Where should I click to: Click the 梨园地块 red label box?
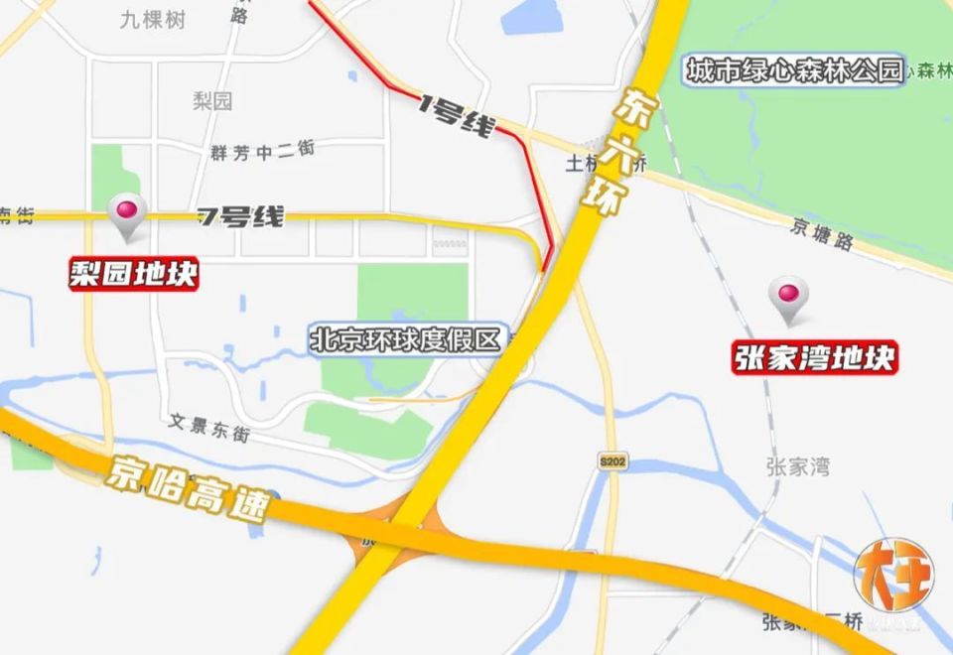134,274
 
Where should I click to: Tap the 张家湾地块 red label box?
816,357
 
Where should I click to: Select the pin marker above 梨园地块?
128,213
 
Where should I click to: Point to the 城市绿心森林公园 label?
795,71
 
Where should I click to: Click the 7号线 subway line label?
240,216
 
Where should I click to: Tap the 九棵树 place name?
152,19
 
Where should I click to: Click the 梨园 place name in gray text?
212,100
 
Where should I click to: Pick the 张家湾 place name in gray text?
797,466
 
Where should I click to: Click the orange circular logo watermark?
893,578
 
